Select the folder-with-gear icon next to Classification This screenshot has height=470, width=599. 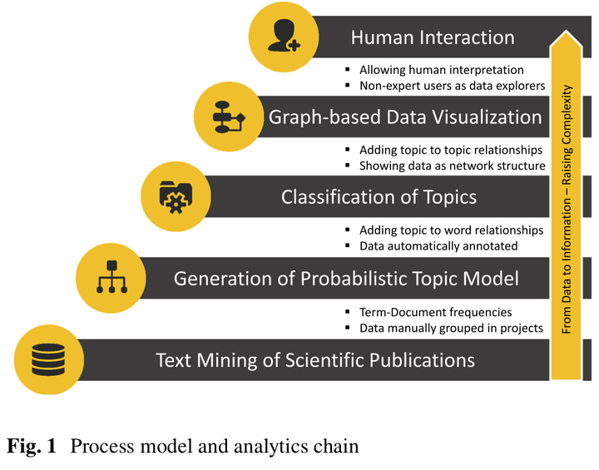[x=173, y=196]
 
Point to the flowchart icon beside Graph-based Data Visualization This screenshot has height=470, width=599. [x=227, y=116]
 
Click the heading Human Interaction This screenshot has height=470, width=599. [x=432, y=37]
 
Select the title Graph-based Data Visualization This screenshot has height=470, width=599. [x=405, y=117]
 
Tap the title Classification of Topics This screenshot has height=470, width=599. [x=379, y=197]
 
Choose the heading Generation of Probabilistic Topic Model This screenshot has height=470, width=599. [x=346, y=278]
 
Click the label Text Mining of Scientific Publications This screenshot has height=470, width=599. [x=315, y=360]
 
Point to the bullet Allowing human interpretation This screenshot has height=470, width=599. [x=441, y=70]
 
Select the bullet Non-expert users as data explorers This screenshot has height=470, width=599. [x=452, y=86]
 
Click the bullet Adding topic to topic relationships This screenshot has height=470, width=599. [x=451, y=150]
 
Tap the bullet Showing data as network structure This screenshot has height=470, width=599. [x=452, y=166]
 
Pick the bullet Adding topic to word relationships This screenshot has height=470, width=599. [x=451, y=230]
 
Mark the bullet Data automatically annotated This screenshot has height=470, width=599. [x=438, y=245]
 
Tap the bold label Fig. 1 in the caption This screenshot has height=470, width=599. [x=32, y=446]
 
